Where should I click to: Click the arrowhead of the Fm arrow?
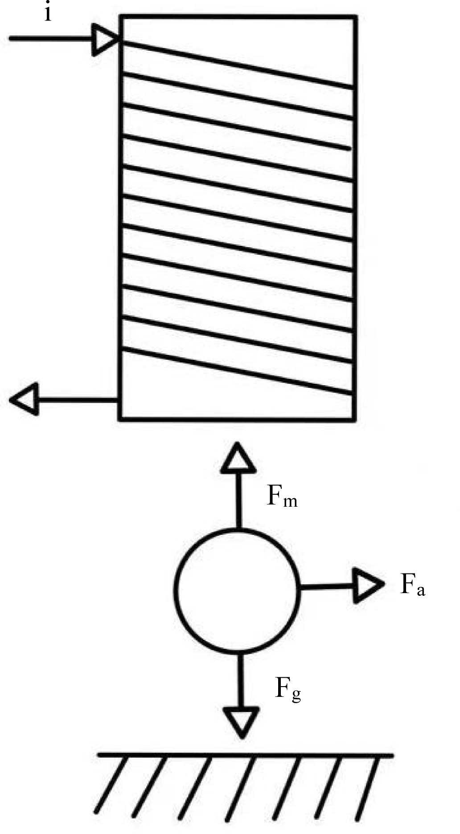pyautogui.click(x=239, y=459)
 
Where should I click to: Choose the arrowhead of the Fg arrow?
pyautogui.click(x=241, y=720)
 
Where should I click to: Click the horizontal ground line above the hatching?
pyautogui.click(x=245, y=755)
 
